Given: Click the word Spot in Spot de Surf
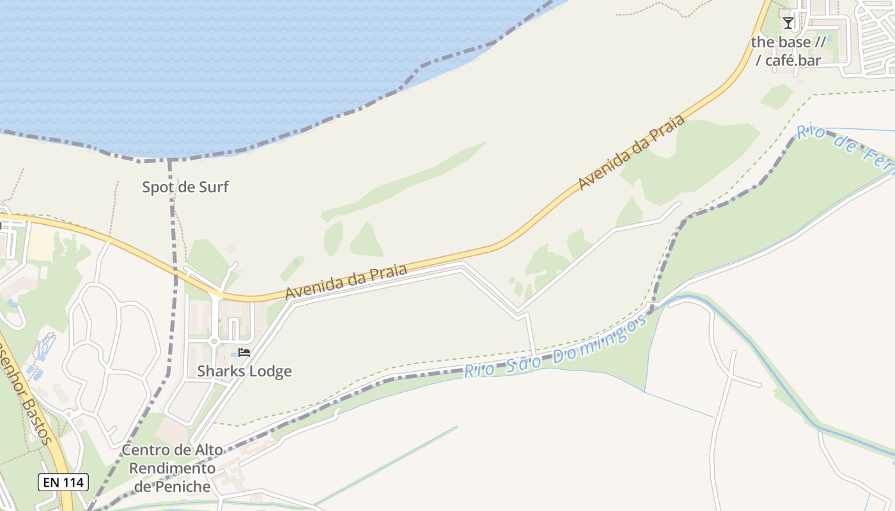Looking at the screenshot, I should click(x=157, y=187).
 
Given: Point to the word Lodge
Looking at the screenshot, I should click(x=271, y=371).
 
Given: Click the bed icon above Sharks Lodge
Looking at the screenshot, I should click(x=244, y=352).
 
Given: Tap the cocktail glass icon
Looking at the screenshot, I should click(x=788, y=23).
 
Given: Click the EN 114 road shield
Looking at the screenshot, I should click(x=63, y=482).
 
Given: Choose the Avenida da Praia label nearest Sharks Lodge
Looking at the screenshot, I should click(x=346, y=282).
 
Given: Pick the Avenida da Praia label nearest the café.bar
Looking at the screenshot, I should click(x=632, y=151).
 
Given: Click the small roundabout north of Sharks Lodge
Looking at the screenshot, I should click(x=214, y=341).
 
